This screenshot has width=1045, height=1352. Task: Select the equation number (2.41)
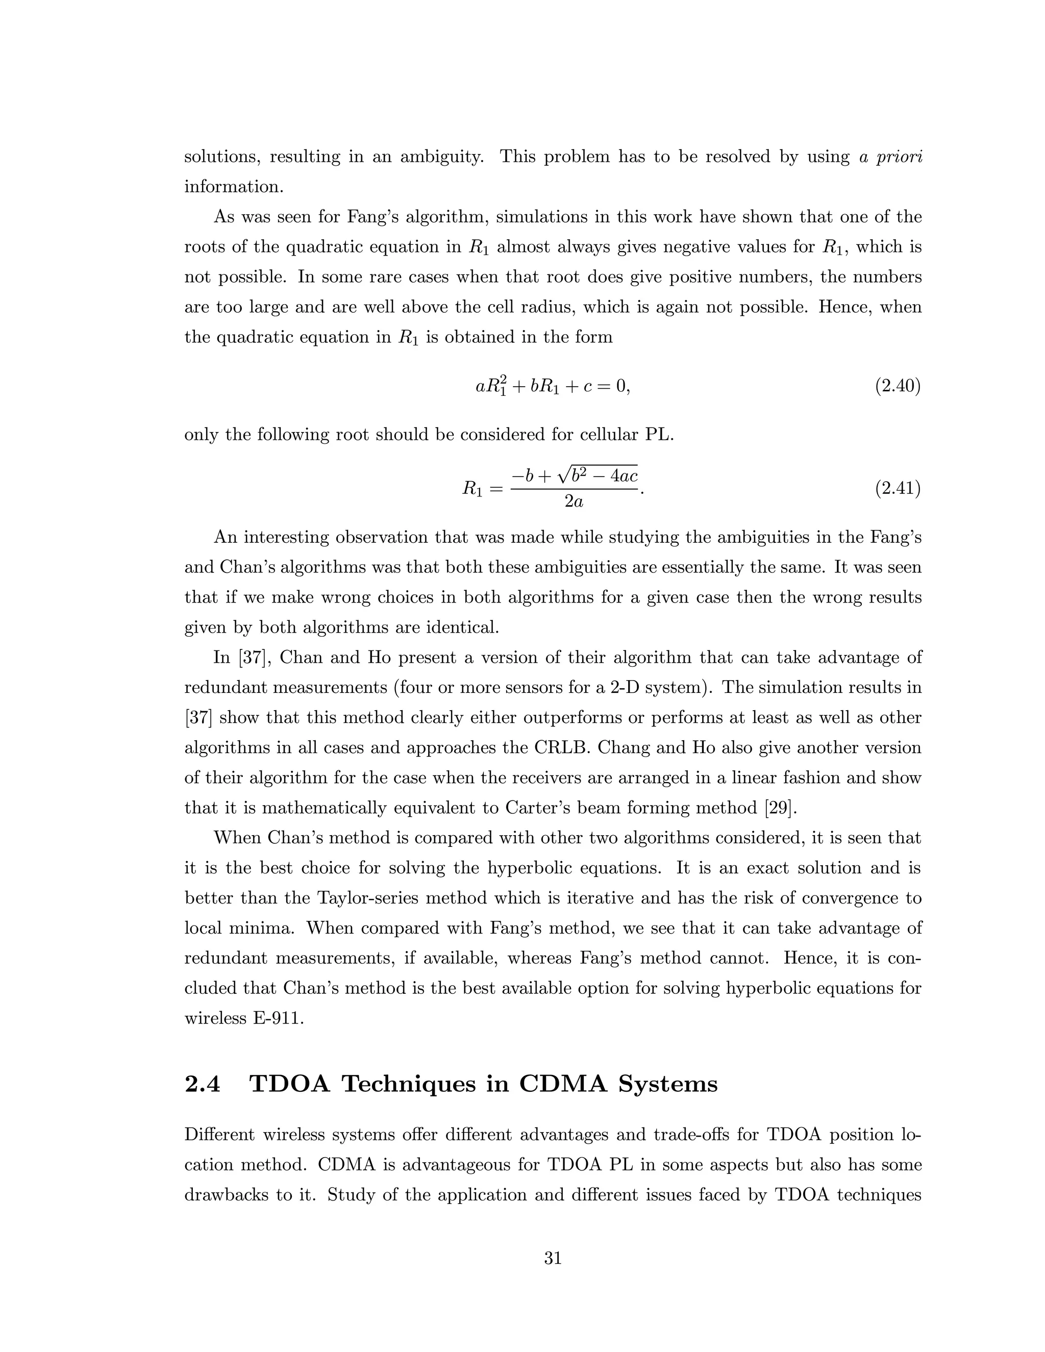pyautogui.click(x=898, y=489)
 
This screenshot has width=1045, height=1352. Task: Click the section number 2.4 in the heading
pyautogui.click(x=203, y=1084)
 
